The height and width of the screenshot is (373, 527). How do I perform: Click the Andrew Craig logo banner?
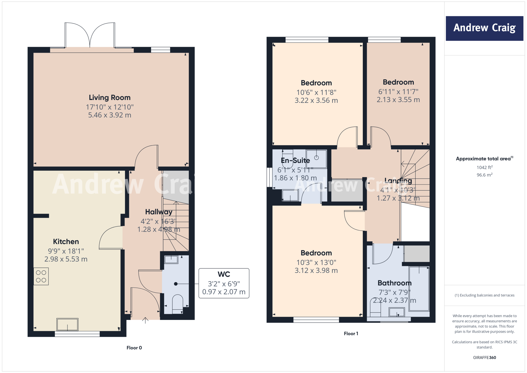pos(484,28)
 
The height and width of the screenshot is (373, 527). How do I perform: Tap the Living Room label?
pos(110,98)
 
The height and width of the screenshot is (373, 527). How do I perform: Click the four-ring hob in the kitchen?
pos(41,276)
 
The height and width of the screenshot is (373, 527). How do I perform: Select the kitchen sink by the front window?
pos(67,325)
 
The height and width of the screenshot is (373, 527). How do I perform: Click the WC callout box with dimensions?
pos(224,283)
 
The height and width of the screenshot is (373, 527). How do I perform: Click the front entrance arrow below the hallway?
pos(145,320)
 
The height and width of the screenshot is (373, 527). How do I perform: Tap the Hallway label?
pos(159,212)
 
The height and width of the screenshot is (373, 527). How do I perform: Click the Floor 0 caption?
pos(134,348)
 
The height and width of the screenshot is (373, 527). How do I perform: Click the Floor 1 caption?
pos(351,334)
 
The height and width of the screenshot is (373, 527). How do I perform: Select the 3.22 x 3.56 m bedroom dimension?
pos(316,100)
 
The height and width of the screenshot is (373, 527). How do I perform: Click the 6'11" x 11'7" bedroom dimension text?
pos(398,92)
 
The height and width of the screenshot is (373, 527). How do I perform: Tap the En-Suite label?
pos(295,160)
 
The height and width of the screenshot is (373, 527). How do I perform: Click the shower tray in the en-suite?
pos(317,159)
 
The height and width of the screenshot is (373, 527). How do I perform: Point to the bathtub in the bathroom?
pos(419,289)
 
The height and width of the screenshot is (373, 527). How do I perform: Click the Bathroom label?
pos(394,283)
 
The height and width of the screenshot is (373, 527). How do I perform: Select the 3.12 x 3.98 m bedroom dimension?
pos(316,270)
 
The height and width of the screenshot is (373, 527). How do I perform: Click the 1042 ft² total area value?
pos(484,167)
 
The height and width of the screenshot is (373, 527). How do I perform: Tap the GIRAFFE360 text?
pos(484,358)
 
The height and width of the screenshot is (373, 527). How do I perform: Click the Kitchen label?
pos(66,242)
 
